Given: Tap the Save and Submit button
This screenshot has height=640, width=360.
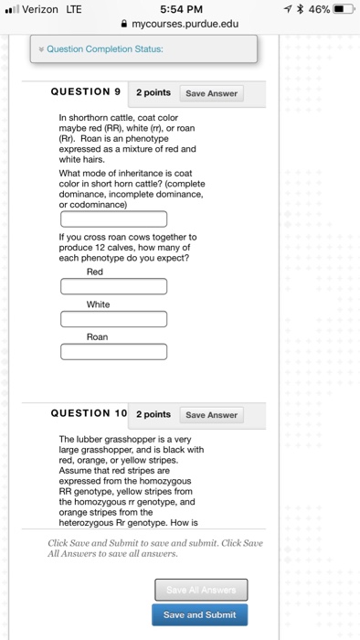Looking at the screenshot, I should (199, 614).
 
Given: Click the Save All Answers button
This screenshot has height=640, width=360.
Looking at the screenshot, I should (199, 590).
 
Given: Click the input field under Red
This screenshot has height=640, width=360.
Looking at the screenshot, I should (113, 286).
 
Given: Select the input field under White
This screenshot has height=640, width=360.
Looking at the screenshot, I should (113, 319).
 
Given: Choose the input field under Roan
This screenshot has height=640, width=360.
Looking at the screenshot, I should (113, 352).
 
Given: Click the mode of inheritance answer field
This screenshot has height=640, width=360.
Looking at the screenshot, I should (113, 219).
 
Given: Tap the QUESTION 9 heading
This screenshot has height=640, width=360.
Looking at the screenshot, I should (86, 92).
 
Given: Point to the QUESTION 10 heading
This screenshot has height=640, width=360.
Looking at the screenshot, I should (89, 414).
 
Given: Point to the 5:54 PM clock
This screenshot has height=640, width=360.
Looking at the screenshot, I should (179, 9).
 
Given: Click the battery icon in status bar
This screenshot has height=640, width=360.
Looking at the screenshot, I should (344, 9).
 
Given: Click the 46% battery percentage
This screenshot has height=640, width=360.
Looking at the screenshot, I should (315, 9).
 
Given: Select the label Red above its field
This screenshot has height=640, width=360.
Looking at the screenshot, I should (95, 272).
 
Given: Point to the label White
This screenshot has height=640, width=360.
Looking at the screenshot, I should (98, 304).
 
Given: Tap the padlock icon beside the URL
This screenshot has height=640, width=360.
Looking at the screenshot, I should (124, 24).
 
